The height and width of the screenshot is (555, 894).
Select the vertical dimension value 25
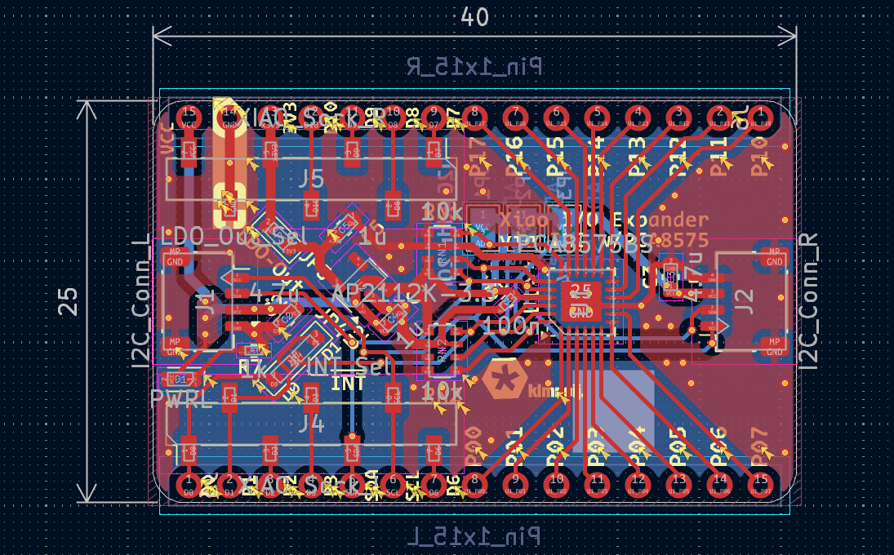pyautogui.click(x=69, y=301)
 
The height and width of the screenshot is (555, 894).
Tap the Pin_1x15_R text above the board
pyautogui.click(x=474, y=67)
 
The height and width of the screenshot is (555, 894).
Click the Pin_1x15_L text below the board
pyautogui.click(x=474, y=535)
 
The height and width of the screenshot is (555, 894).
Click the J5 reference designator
pyautogui.click(x=312, y=180)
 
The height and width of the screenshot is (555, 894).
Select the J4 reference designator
pyautogui.click(x=312, y=424)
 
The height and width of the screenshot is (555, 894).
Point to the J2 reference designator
pyautogui.click(x=744, y=301)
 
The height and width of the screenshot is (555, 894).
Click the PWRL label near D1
pyautogui.click(x=181, y=400)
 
